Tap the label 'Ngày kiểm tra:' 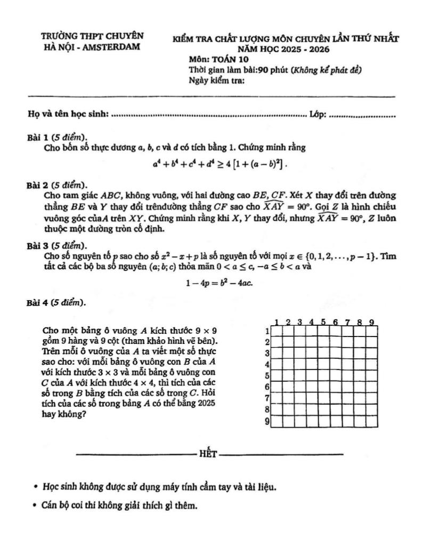tap(216, 81)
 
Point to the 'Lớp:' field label tap(319, 114)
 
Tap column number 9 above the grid tap(371, 322)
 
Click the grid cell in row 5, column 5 tap(324, 376)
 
